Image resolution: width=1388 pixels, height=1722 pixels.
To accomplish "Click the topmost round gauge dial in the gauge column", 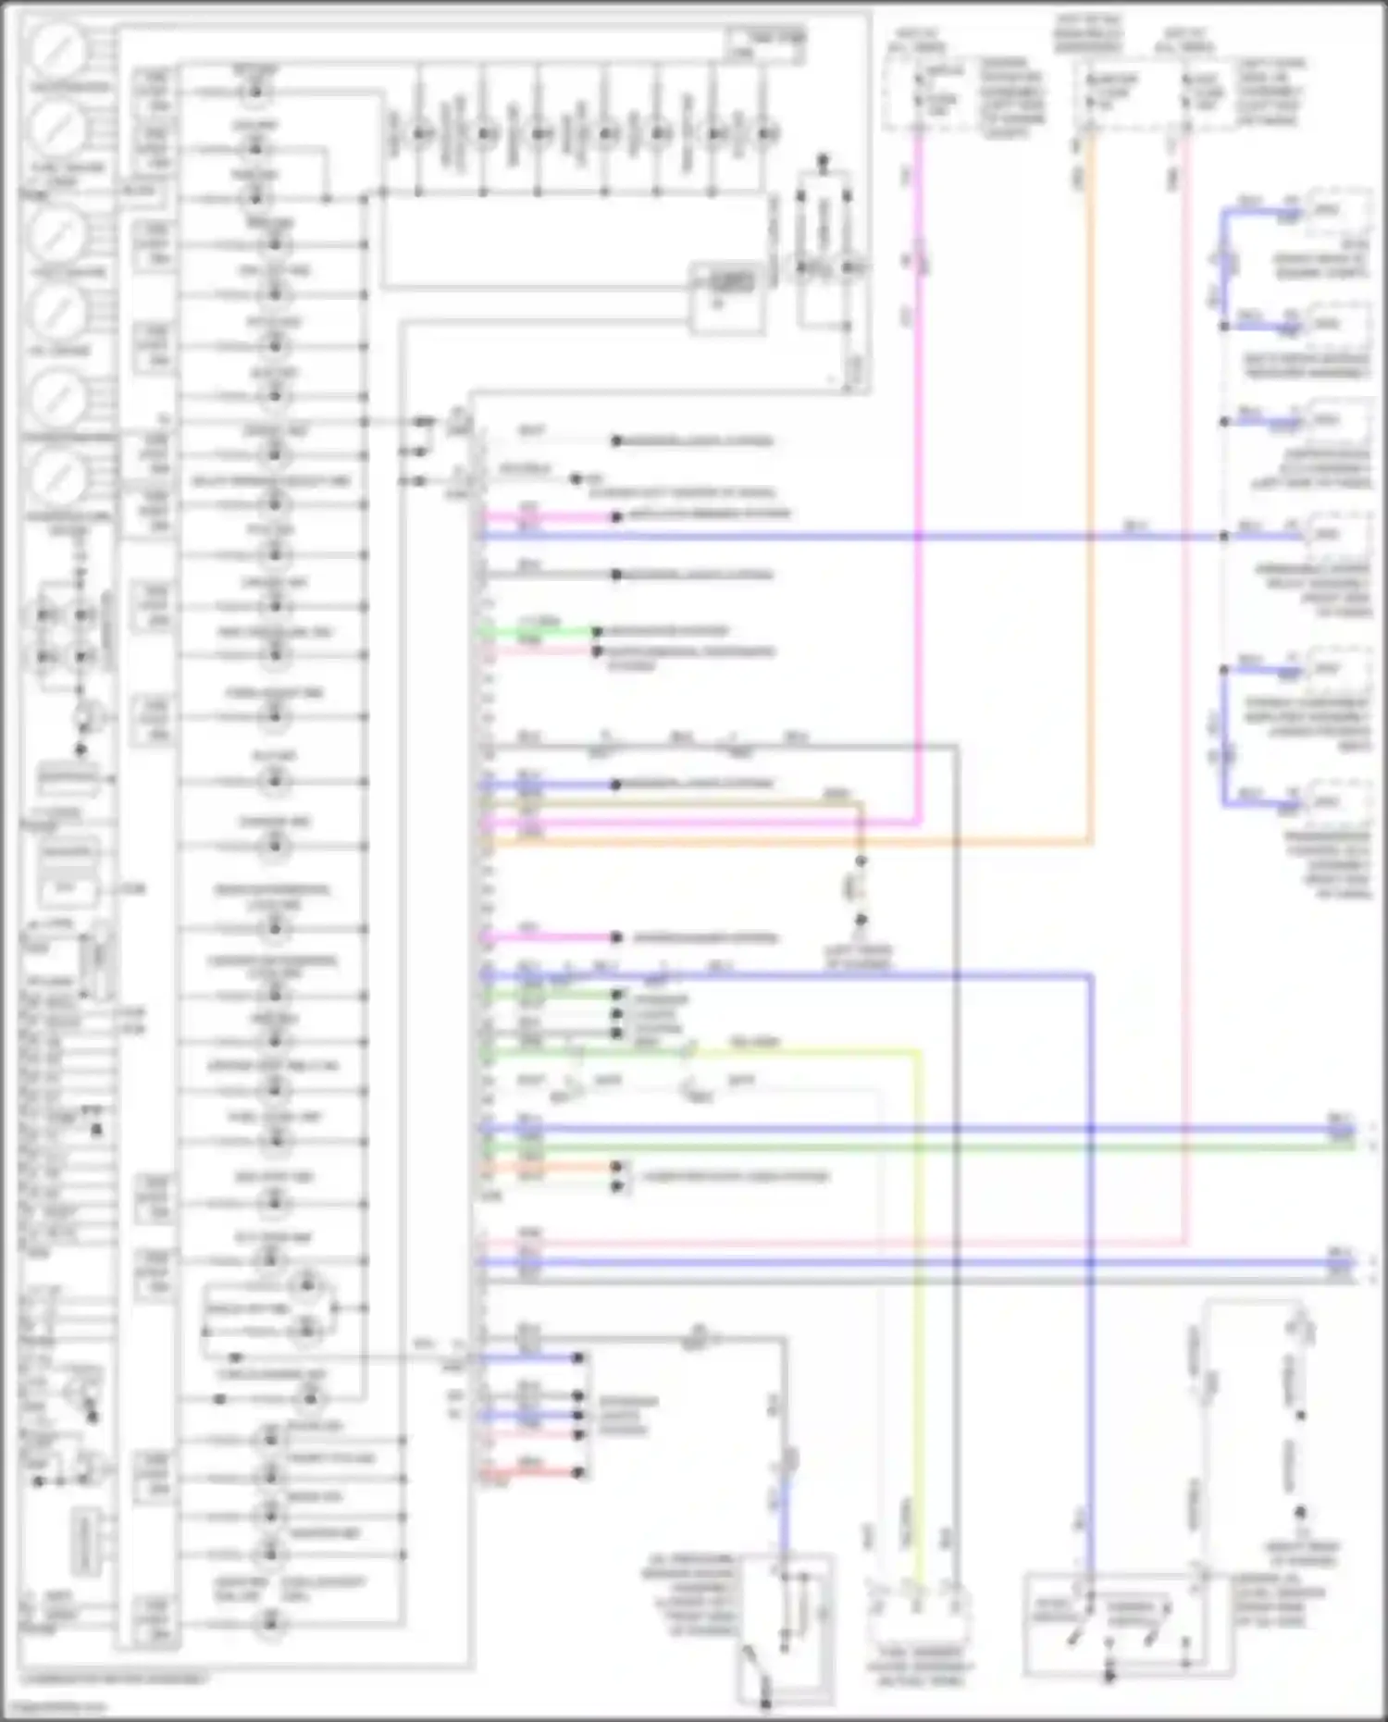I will pos(57,51).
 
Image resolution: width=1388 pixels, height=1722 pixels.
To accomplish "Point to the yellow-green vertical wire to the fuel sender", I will pos(919,1295).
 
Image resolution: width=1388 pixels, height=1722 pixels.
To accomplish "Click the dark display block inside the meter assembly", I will pos(732,281).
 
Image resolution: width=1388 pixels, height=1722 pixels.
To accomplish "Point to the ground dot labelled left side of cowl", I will pos(861,921).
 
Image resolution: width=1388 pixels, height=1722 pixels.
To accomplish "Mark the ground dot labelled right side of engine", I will pos(1300,1513).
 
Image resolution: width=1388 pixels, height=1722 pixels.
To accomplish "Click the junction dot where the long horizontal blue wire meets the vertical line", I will pos(1224,536).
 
